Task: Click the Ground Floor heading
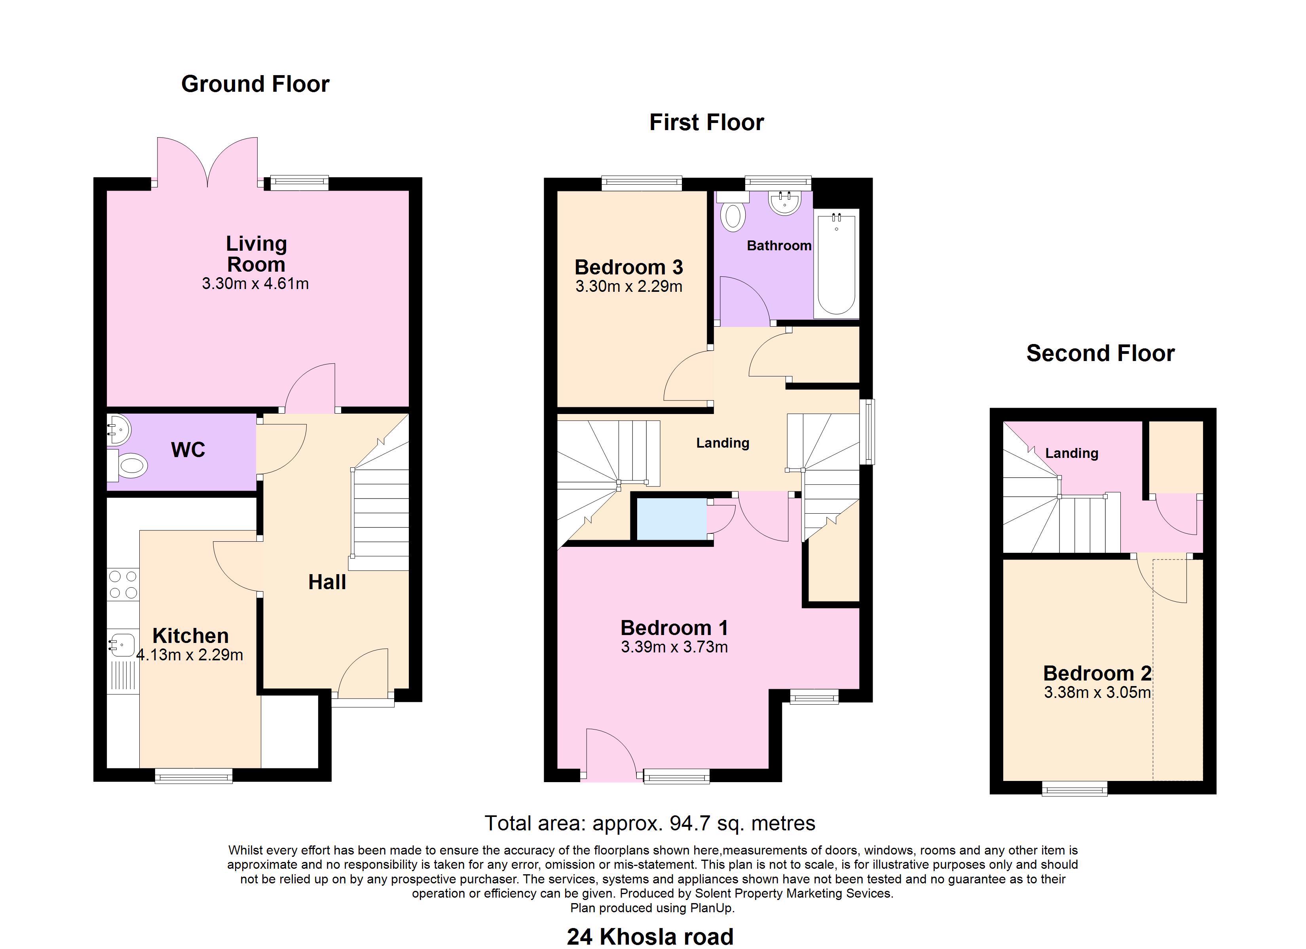pyautogui.click(x=255, y=84)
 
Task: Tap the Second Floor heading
pyautogui.click(x=1101, y=354)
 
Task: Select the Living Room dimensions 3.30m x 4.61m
pyautogui.click(x=255, y=284)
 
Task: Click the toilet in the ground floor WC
pyautogui.click(x=127, y=465)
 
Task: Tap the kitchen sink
pyautogui.click(x=121, y=645)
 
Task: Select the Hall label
pyautogui.click(x=327, y=582)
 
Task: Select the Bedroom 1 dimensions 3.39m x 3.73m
pyautogui.click(x=674, y=647)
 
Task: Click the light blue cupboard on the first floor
pyautogui.click(x=672, y=519)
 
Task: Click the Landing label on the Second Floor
pyautogui.click(x=1072, y=454)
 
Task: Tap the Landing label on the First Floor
pyautogui.click(x=723, y=442)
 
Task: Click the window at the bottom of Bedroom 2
pyautogui.click(x=1074, y=788)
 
